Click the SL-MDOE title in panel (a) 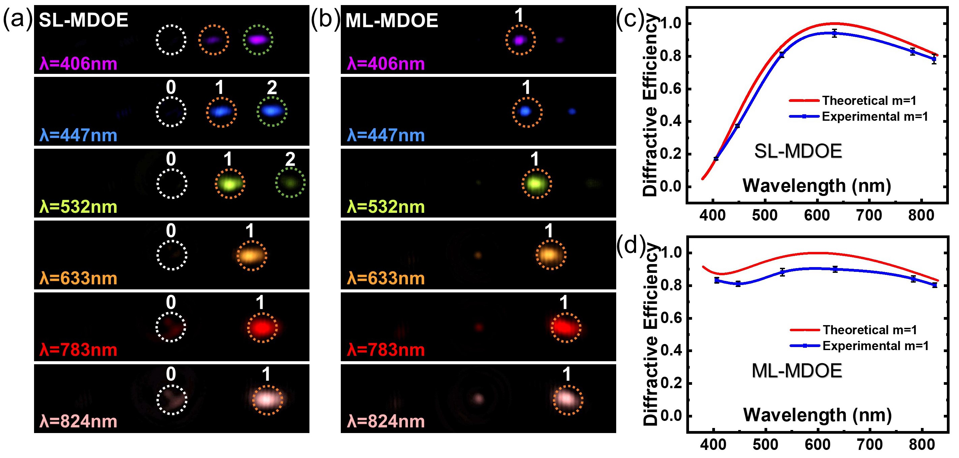pos(83,20)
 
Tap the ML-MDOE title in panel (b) pos(392,21)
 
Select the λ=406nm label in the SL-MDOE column pos(78,64)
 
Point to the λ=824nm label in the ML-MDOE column pos(386,422)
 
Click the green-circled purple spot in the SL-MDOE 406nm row pos(258,39)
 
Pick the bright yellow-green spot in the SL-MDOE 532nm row pos(230,184)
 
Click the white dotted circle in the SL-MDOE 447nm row pos(171,112)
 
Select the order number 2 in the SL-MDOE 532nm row pos(290,160)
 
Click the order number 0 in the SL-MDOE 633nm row pos(171,231)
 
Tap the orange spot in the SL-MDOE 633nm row pos(251,255)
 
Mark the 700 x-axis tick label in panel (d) pos(870,444)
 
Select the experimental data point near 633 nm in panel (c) pos(835,33)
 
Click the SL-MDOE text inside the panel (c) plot pos(798,151)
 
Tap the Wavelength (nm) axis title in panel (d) pos(817,415)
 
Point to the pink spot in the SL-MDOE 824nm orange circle pos(267,399)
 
